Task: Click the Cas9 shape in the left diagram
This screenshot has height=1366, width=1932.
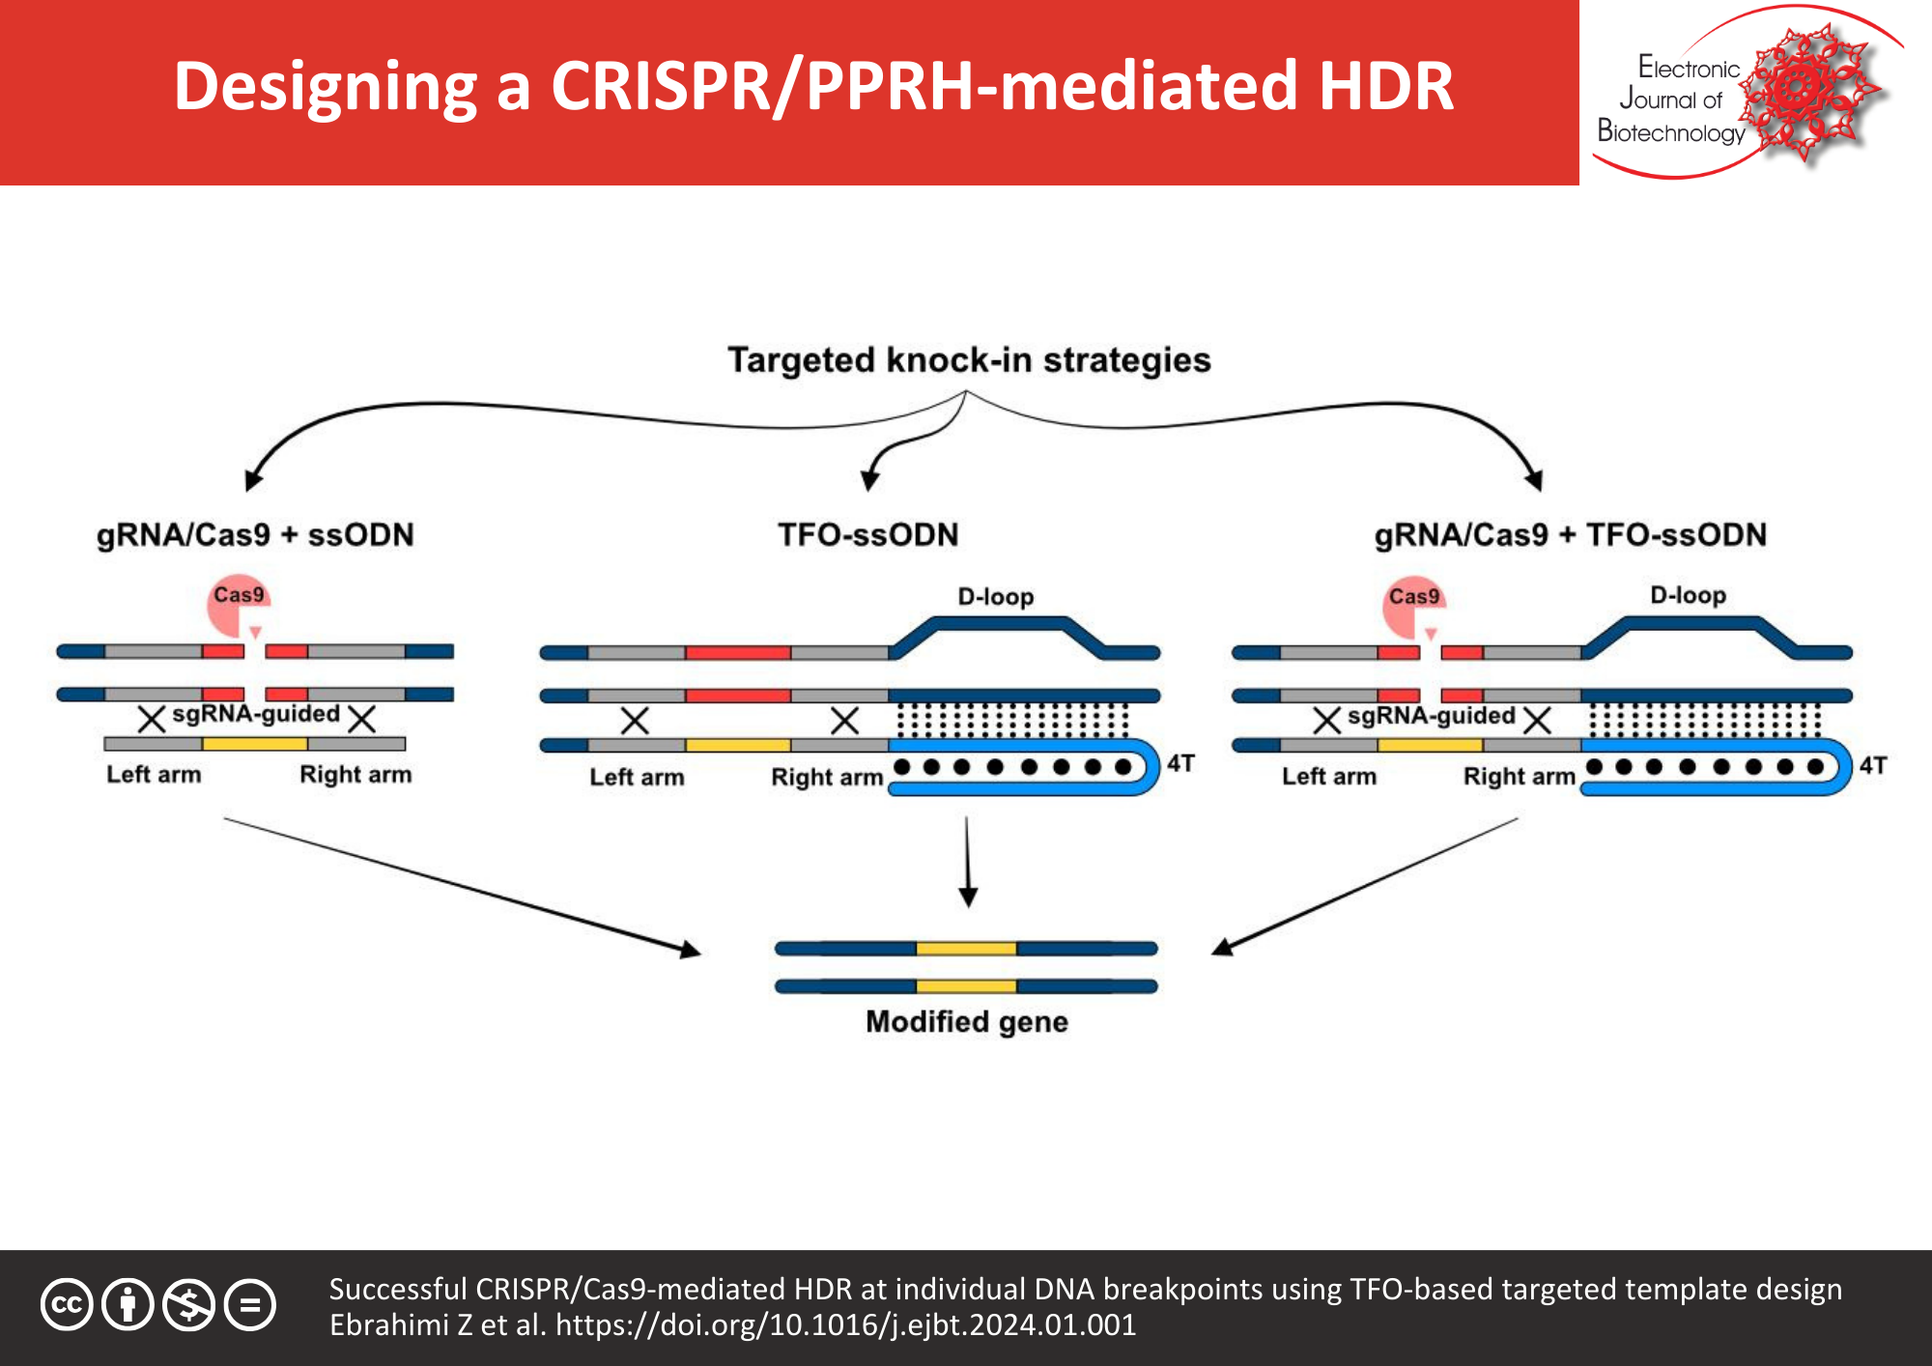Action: (234, 607)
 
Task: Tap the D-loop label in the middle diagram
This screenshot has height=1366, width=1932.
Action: (995, 597)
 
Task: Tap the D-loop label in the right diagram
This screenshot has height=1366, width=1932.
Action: (1688, 595)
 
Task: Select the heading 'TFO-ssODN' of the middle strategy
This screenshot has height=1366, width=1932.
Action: (867, 534)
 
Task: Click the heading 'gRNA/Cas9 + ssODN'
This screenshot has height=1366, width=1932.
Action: (255, 534)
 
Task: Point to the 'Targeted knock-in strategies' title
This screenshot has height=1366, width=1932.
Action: (968, 359)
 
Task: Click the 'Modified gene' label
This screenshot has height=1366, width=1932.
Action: (966, 1021)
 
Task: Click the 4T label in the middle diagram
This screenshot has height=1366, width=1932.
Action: (1180, 763)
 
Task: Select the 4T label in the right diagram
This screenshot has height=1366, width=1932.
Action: (1873, 765)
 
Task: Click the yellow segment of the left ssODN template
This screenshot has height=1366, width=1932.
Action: (255, 744)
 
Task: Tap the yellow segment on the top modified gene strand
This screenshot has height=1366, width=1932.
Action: (966, 949)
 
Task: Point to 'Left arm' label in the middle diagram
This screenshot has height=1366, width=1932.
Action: (637, 777)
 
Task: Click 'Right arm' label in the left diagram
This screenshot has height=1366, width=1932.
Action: (355, 774)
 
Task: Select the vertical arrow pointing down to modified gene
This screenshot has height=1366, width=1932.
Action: (967, 860)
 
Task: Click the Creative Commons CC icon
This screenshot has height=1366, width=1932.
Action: (67, 1305)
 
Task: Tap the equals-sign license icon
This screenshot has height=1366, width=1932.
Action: (250, 1305)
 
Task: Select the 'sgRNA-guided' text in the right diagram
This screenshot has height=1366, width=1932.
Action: (1431, 715)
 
